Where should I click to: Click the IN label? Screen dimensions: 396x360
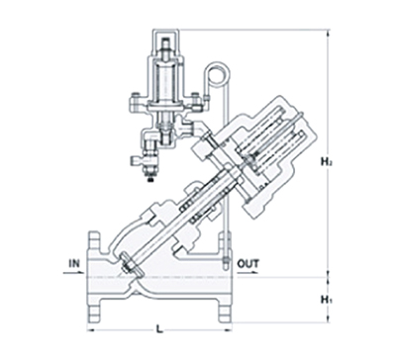pos(74,263)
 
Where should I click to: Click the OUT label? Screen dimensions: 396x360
pos(248,264)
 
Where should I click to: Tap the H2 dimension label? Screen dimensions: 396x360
pos(327,161)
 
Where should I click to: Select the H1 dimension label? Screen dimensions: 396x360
pos(327,300)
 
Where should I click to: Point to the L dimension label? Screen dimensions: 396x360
pos(159,328)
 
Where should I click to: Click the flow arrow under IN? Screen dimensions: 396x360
pos(73,273)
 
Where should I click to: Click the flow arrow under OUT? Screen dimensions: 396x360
pos(247,273)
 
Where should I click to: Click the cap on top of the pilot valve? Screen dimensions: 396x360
pos(165,42)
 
